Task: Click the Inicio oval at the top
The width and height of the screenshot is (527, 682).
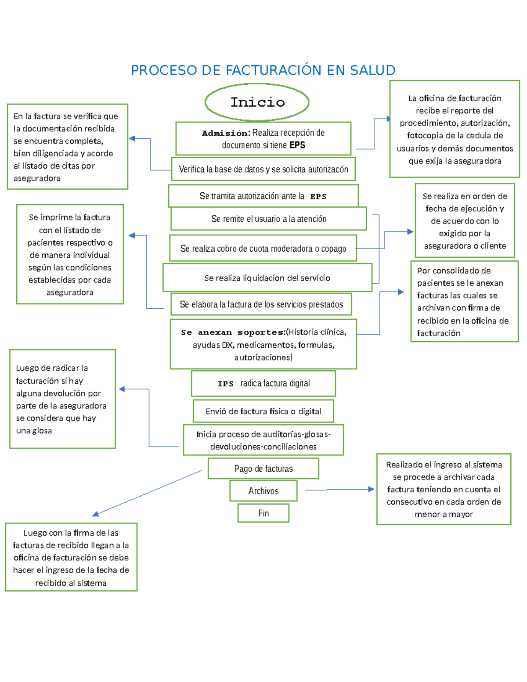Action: (x=257, y=102)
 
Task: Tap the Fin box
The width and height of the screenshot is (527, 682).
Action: (x=263, y=513)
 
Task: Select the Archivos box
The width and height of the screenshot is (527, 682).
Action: (x=263, y=491)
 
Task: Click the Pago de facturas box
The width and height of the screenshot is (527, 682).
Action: (x=263, y=469)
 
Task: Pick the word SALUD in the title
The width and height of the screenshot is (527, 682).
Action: (x=372, y=70)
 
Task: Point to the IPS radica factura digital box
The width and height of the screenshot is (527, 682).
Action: (x=263, y=383)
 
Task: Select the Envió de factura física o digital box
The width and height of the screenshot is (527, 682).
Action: (x=263, y=411)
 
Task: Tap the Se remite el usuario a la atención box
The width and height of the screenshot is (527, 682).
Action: (x=269, y=219)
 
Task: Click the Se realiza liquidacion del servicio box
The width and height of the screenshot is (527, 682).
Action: (x=267, y=278)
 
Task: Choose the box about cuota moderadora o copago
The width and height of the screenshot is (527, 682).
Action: (x=263, y=249)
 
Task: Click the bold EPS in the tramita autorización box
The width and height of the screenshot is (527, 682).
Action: (x=318, y=197)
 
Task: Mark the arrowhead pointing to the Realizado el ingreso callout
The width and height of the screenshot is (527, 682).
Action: (x=371, y=489)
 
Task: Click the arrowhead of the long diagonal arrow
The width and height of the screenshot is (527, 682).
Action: (x=95, y=514)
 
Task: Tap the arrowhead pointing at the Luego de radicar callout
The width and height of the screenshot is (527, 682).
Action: (x=122, y=389)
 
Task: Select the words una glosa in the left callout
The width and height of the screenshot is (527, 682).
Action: (x=34, y=431)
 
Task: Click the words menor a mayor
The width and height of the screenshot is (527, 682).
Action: (x=444, y=514)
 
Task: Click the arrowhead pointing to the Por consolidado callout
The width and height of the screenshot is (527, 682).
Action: (x=401, y=292)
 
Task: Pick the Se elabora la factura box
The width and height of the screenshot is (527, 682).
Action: (x=261, y=304)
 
